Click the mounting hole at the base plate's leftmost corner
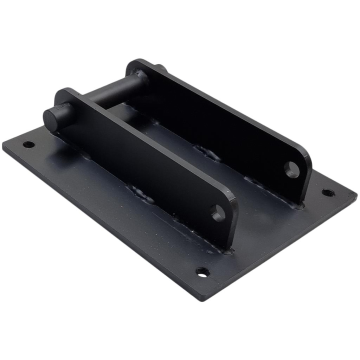(29, 145)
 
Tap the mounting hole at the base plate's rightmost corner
(326, 192)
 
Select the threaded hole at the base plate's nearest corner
(202, 272)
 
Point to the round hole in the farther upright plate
(292, 170)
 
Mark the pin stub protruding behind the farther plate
(158, 68)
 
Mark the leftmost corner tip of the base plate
(4, 145)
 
